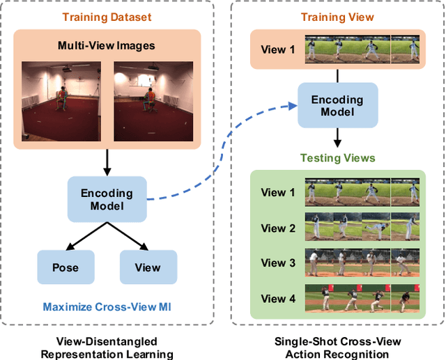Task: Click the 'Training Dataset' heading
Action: point(107,17)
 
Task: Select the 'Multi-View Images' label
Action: point(107,47)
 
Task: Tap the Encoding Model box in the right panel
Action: point(337,106)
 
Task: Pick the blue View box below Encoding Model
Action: point(148,267)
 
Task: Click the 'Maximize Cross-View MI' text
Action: point(107,306)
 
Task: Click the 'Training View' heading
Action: point(337,17)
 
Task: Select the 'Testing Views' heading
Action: point(337,158)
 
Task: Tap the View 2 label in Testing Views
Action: point(273,228)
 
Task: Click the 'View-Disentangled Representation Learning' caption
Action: point(107,347)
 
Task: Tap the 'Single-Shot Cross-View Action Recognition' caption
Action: point(337,347)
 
